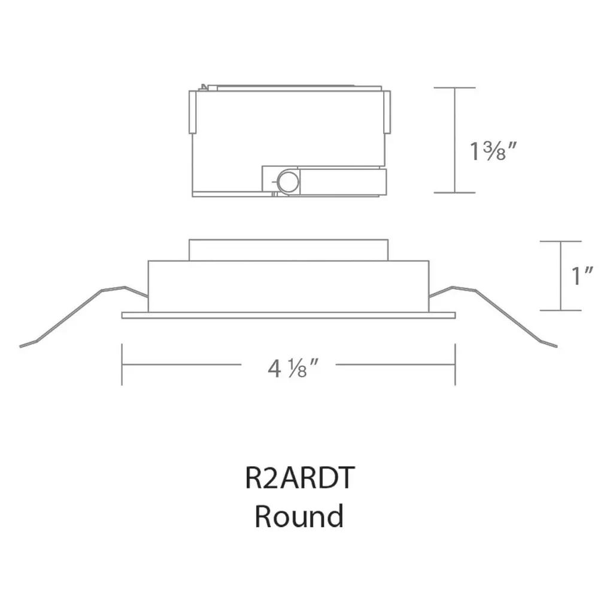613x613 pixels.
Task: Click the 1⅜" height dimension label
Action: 493,151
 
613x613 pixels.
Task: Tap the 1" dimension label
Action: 582,275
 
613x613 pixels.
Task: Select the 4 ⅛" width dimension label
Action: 293,368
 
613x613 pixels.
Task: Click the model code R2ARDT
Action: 300,477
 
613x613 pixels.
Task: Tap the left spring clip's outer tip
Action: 20,346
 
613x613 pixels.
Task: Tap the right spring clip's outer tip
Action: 556,346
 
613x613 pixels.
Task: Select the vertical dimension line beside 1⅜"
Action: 455,140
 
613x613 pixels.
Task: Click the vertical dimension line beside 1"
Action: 560,276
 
